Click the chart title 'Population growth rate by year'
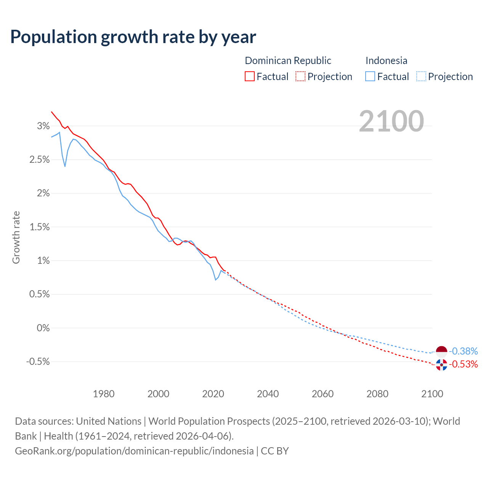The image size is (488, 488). pyautogui.click(x=133, y=37)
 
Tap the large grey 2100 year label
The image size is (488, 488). pyautogui.click(x=391, y=121)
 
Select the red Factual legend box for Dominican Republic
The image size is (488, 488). pyautogui.click(x=250, y=76)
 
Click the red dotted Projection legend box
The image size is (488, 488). pyautogui.click(x=300, y=76)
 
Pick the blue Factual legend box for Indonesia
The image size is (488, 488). pyautogui.click(x=370, y=76)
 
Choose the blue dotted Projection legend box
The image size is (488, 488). pyautogui.click(x=421, y=76)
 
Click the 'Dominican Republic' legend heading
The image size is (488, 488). pyautogui.click(x=288, y=61)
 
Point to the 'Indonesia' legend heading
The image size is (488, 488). pyautogui.click(x=386, y=61)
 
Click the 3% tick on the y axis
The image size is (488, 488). pyautogui.click(x=43, y=126)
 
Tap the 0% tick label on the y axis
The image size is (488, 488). pyautogui.click(x=43, y=328)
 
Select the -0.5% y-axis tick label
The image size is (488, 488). pyautogui.click(x=38, y=361)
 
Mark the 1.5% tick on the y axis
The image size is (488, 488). pyautogui.click(x=39, y=227)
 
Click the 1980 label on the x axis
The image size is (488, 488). pyautogui.click(x=104, y=394)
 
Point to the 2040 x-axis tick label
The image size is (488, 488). pyautogui.click(x=268, y=394)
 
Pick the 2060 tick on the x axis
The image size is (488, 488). pyautogui.click(x=323, y=394)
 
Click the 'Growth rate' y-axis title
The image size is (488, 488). pyautogui.click(x=16, y=237)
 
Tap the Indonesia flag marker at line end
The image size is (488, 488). pyautogui.click(x=441, y=351)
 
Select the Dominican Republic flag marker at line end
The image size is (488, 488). pyautogui.click(x=441, y=364)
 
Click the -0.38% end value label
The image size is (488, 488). pyautogui.click(x=464, y=351)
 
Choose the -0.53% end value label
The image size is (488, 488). pyautogui.click(x=464, y=364)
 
